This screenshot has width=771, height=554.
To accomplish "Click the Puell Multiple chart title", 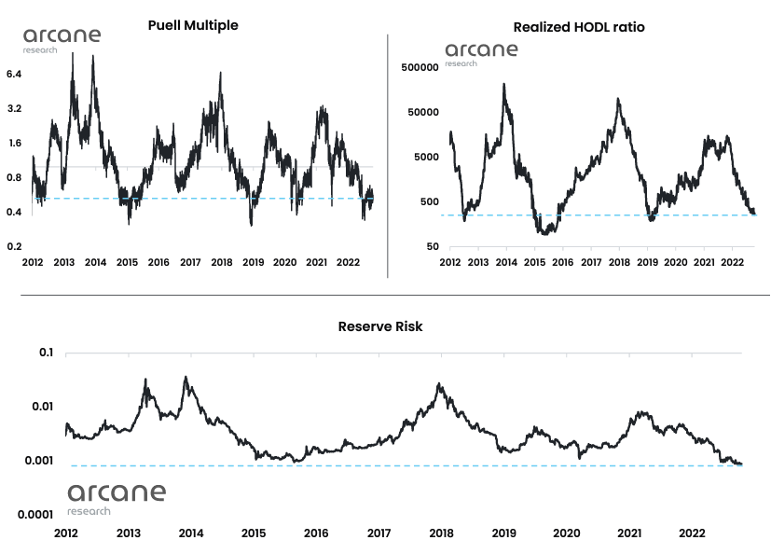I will tap(193, 25).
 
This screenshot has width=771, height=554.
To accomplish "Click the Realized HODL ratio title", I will tap(579, 27).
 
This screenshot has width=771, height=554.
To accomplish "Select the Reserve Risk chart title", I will tap(380, 326).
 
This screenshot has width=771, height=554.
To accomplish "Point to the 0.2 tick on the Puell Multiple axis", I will tap(14, 246).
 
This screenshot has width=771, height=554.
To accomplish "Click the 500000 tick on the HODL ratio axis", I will tap(420, 67).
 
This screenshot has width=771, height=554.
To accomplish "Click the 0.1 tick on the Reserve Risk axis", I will tap(46, 353).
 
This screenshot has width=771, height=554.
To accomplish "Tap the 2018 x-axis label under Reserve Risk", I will tap(442, 533).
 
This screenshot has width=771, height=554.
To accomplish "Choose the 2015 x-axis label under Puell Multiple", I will tap(127, 264).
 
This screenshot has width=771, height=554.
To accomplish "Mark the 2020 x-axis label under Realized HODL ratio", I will tap(676, 264).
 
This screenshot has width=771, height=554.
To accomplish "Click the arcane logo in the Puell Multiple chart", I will tap(62, 40).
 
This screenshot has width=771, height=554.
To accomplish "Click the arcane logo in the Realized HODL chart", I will tap(480, 53).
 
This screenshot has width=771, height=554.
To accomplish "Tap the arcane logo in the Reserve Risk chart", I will tap(117, 497).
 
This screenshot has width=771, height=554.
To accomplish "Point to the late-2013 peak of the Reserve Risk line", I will tap(186, 377).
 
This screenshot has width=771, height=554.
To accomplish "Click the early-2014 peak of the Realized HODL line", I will tap(504, 84).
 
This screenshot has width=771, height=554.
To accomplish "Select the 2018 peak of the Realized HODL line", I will tap(619, 98).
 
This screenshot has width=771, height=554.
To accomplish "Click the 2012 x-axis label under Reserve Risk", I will tap(65, 533).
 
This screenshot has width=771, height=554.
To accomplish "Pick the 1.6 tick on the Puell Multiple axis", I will tap(14, 143).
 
